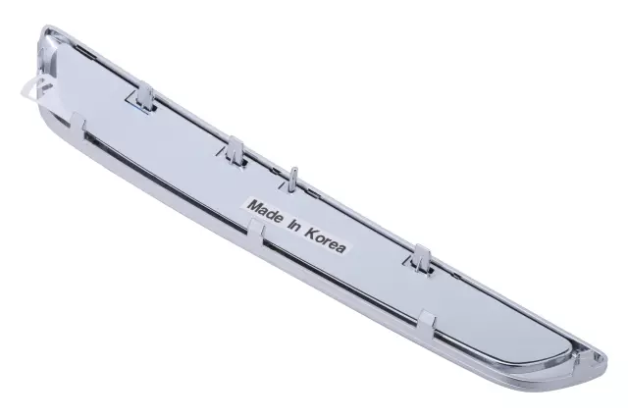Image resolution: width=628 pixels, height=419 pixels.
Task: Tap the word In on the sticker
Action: click(292, 227)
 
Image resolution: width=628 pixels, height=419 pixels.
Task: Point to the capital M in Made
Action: click(254, 207)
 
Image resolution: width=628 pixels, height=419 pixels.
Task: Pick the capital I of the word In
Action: click(288, 225)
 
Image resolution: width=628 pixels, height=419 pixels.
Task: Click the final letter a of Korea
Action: click(340, 249)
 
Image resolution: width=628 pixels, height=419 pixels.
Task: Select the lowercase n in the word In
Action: click(296, 229)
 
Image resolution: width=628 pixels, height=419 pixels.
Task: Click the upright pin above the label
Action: click(291, 177)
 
